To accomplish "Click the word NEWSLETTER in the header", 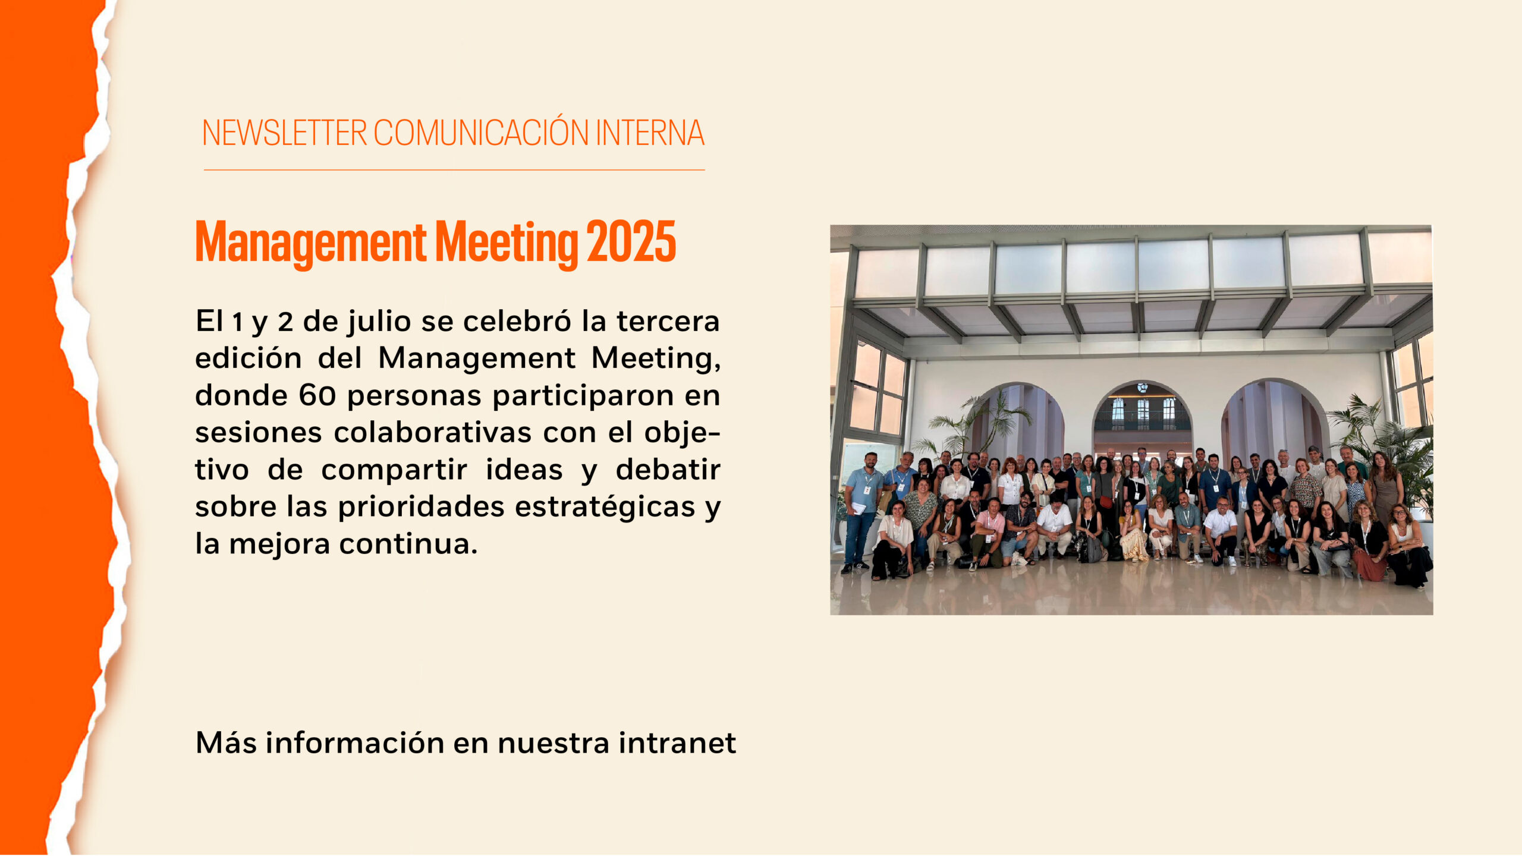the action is (x=284, y=133).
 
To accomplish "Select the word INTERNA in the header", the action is (x=650, y=133).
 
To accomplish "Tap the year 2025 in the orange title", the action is (x=631, y=241).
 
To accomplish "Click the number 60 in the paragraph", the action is (x=317, y=396).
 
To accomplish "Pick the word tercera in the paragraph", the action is (x=668, y=322).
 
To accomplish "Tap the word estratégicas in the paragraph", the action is (x=605, y=507).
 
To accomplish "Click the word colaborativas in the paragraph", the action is (x=433, y=433).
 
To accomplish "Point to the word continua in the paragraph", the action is (x=408, y=544).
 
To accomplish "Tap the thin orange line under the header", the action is (x=454, y=170).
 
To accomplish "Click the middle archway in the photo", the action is (x=1142, y=416).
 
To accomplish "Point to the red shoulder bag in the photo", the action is (x=1106, y=502).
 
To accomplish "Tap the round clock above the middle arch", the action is (x=1142, y=388).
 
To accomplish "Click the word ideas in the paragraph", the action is (x=524, y=470).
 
